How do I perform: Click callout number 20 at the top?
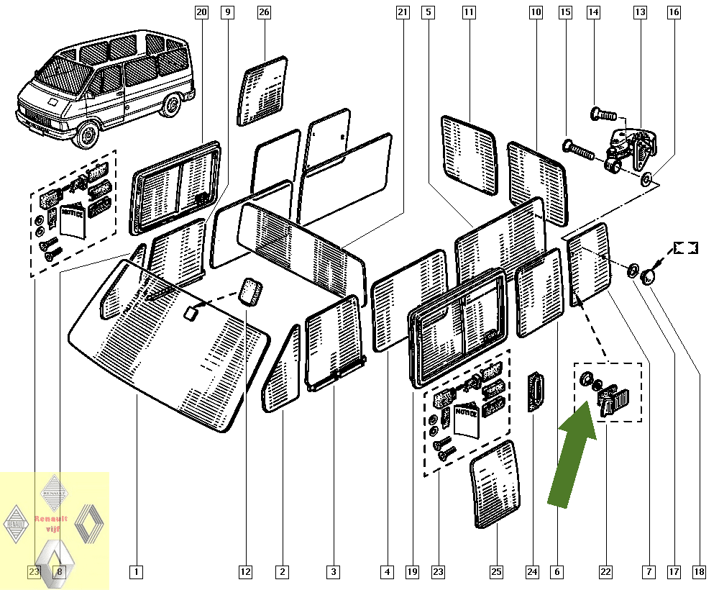pos(201,12)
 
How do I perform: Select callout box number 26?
pos(263,12)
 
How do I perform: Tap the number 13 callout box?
pos(639,12)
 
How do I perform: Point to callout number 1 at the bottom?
pos(136,572)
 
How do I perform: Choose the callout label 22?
pos(606,572)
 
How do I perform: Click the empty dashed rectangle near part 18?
pos(685,248)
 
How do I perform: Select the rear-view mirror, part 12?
pos(250,291)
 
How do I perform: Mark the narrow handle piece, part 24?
pos(536,392)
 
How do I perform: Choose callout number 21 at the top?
pos(402,12)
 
